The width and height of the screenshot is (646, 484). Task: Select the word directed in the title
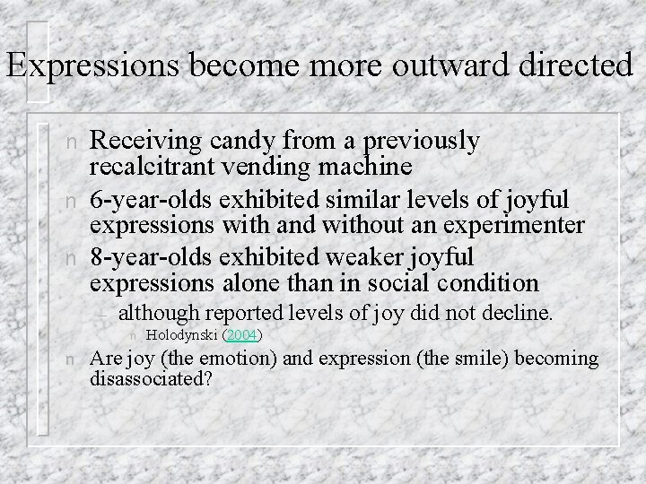[574, 67]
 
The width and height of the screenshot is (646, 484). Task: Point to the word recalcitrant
[158, 168]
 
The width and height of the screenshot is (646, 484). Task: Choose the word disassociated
[152, 380]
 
